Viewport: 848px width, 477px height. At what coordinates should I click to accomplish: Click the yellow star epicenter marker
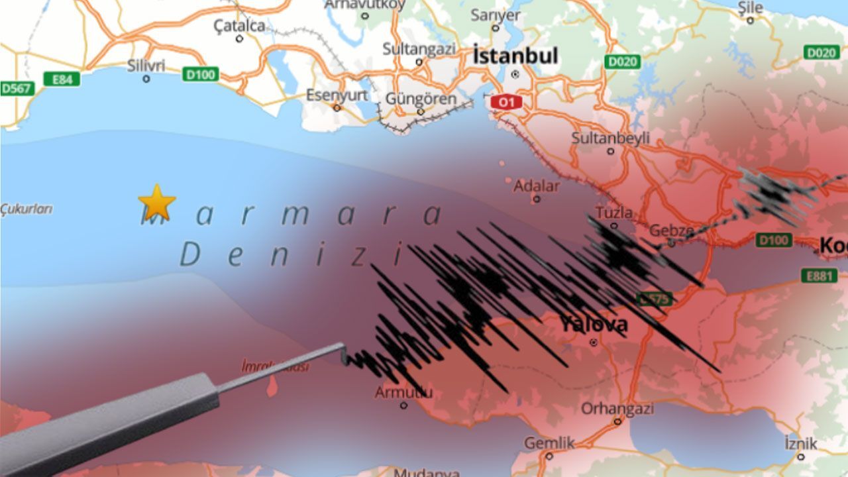point(157,202)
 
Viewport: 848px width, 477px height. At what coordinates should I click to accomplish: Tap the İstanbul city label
point(515,56)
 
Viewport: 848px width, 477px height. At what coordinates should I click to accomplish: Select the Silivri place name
point(146,65)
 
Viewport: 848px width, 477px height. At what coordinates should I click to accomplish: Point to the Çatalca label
point(239,26)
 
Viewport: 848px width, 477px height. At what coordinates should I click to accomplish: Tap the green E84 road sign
point(62,79)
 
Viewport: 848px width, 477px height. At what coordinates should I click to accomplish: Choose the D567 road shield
point(16,88)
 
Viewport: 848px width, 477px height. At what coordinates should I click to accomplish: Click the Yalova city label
point(593,325)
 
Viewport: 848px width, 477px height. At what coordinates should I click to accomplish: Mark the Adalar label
point(537,185)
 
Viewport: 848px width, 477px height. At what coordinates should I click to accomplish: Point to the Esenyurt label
point(337,95)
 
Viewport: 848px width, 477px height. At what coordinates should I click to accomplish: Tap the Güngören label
point(421,99)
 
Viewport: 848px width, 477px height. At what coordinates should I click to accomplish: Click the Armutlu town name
point(403,392)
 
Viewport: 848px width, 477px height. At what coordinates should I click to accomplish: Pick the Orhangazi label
point(617,408)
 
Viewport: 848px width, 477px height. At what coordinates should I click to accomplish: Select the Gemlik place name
point(549,443)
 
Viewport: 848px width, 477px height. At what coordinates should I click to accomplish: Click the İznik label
point(800,443)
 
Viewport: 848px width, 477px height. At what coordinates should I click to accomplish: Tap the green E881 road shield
point(819,276)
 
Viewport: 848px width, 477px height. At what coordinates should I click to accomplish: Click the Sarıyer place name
point(495,15)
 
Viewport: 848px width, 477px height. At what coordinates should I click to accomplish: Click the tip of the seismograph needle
point(344,361)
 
